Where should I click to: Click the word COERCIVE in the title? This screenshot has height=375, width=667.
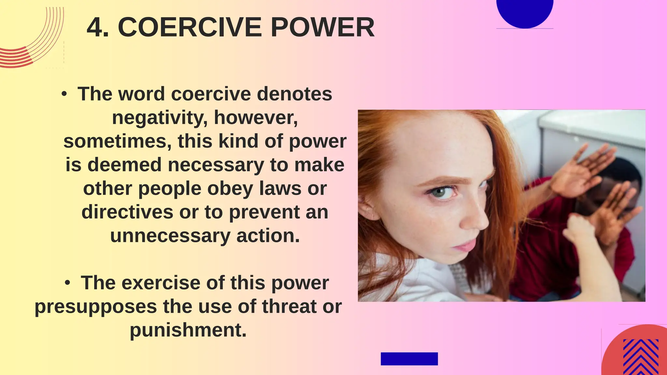point(190,27)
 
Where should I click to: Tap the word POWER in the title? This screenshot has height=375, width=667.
point(322,27)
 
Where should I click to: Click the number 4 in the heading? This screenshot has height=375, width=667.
point(95,27)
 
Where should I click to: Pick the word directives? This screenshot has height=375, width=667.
point(127,212)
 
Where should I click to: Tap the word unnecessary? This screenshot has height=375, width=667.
point(170,236)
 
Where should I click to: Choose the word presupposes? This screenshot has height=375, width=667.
point(96,307)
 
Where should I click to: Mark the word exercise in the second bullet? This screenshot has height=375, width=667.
point(161,283)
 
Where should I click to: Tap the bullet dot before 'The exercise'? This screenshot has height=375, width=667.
point(67,283)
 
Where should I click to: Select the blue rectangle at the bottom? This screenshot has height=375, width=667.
point(409,359)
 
